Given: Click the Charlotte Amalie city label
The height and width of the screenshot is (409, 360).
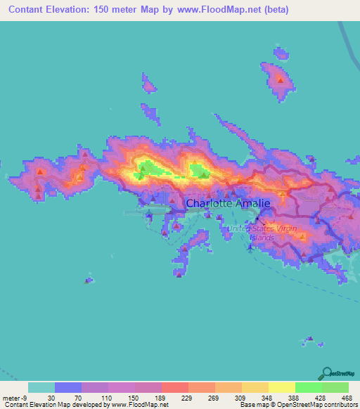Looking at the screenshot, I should pyautogui.click(x=227, y=204).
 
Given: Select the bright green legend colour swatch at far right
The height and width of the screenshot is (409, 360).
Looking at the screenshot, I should pyautogui.click(x=335, y=387).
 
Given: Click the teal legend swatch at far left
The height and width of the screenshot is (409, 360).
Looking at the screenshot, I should pyautogui.click(x=41, y=387).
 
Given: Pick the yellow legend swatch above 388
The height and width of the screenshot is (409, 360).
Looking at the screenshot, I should pyautogui.click(x=281, y=387).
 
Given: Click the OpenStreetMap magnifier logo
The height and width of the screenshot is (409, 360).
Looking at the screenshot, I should pyautogui.click(x=328, y=372).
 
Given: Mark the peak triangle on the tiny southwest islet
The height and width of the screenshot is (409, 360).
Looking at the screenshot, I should pyautogui.click(x=89, y=280).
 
